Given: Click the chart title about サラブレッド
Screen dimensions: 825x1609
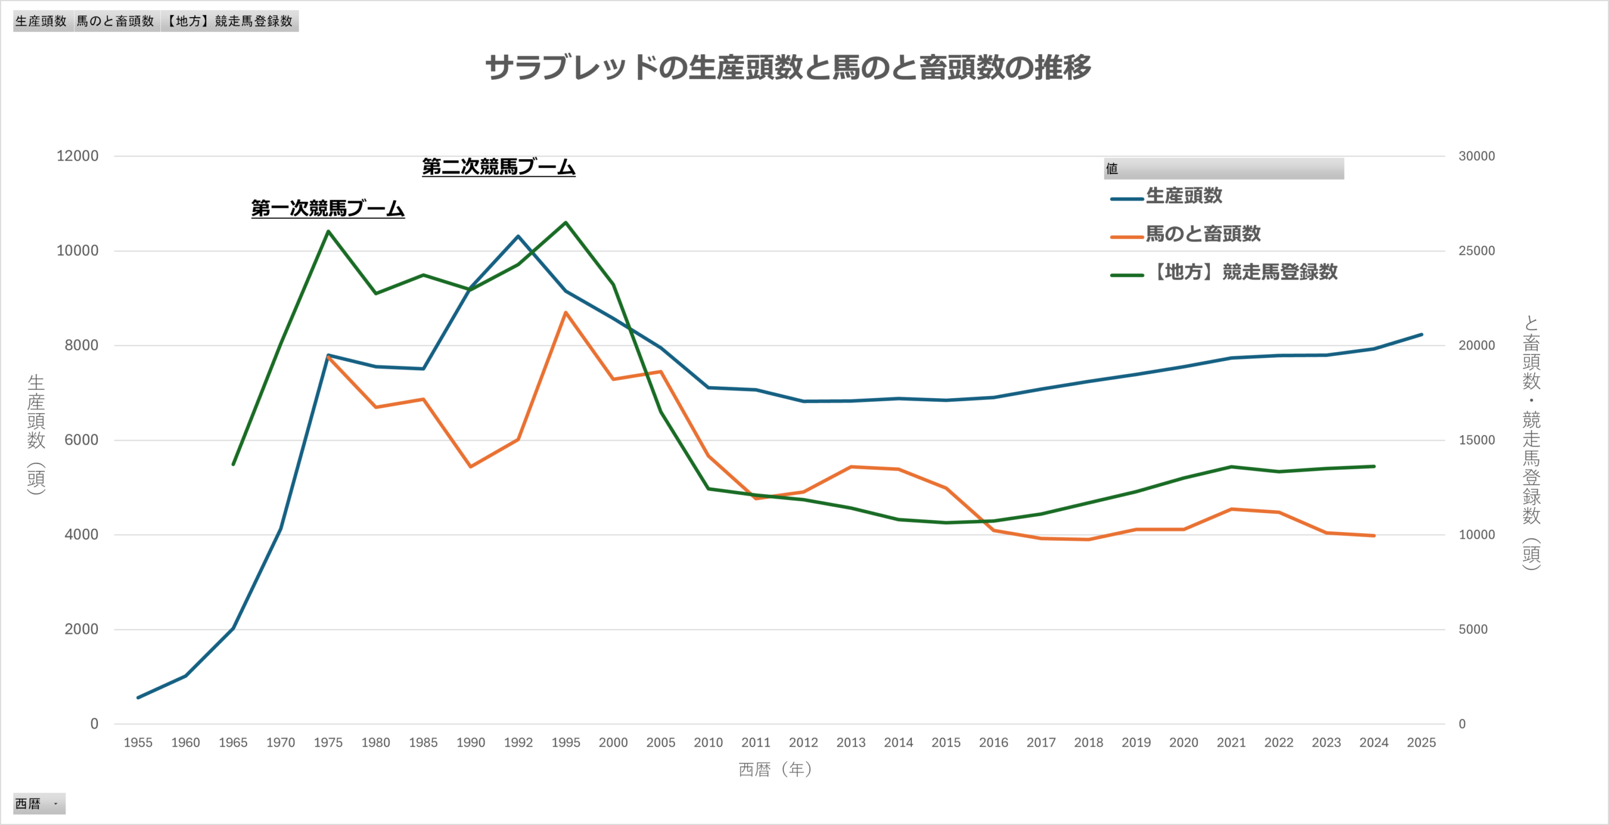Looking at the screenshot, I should [x=788, y=67].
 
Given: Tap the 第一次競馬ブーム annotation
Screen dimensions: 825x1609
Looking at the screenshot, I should [x=327, y=208].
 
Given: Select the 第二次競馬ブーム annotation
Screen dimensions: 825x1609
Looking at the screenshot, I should [x=498, y=167].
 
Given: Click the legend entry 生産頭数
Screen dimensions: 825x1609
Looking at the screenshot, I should [x=1183, y=196].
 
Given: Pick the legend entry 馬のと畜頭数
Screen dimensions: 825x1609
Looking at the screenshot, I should [x=1202, y=234].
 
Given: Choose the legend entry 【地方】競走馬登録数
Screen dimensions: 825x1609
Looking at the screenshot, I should [x=1243, y=272].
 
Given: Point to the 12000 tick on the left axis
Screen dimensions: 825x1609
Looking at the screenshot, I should [x=77, y=156].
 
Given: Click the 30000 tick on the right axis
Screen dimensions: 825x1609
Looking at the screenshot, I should [x=1476, y=156].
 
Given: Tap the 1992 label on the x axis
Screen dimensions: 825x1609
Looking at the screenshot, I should [x=518, y=743].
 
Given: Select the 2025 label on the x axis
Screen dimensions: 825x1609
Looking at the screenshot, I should [x=1421, y=743].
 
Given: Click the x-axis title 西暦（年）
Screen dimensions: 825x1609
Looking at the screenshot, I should [x=776, y=770].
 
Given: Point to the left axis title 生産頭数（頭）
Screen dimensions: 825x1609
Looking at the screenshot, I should [x=36, y=434].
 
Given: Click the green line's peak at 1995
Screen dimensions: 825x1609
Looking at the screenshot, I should [x=566, y=223].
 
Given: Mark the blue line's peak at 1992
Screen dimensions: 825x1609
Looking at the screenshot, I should [x=518, y=236].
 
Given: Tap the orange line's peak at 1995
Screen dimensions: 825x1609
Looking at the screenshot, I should [x=566, y=313].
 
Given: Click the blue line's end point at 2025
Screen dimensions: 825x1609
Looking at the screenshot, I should [x=1421, y=335].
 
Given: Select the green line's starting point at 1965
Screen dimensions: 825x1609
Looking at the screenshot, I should [x=233, y=464].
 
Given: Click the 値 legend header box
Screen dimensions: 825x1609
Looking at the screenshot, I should [x=1223, y=169].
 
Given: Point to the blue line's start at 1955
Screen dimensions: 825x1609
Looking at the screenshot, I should [x=138, y=697].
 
